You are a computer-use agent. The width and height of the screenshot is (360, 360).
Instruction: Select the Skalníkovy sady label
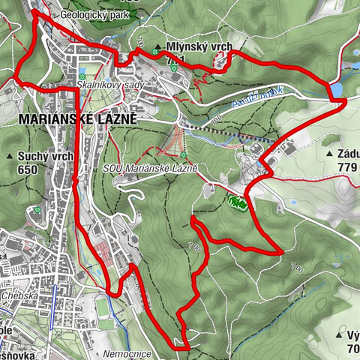(108, 85)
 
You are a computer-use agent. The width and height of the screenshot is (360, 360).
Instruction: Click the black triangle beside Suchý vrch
(10, 156)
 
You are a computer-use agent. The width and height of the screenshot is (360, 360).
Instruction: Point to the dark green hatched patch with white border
(238, 202)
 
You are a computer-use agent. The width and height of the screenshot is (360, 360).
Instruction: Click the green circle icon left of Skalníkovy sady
(80, 76)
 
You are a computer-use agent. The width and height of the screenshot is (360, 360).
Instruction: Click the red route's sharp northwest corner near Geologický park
(34, 13)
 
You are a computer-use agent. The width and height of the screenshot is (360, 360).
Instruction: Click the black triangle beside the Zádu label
(329, 153)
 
